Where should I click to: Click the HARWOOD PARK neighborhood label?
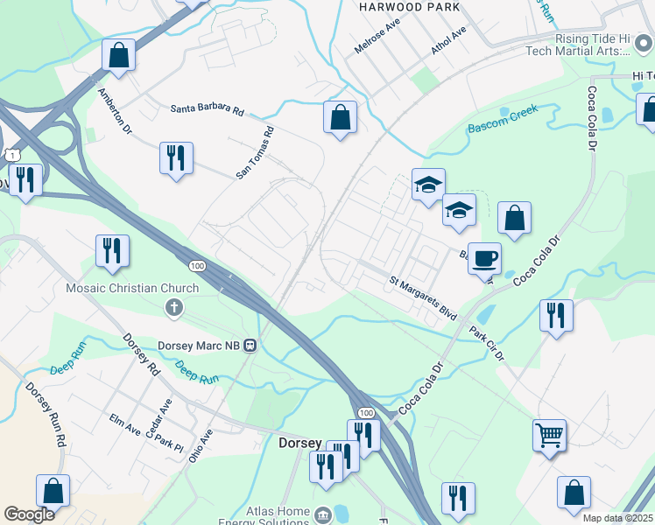(x=396, y=6)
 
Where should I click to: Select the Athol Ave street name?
(x=448, y=40)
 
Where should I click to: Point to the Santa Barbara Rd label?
(x=207, y=109)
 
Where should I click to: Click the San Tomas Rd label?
(x=256, y=153)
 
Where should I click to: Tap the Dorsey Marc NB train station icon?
(x=250, y=345)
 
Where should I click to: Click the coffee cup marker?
(x=484, y=258)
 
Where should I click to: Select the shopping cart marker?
(x=549, y=434)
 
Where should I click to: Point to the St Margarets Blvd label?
(x=423, y=296)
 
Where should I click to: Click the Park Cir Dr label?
(x=487, y=344)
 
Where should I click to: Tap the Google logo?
(x=29, y=514)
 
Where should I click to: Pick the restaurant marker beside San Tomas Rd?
(x=176, y=159)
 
